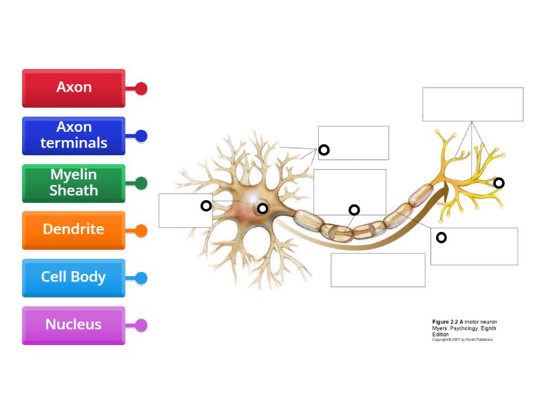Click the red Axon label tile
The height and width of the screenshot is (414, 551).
[74, 88]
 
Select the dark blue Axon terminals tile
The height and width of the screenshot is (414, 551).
[74, 135]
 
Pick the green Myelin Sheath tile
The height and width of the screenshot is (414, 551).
[74, 183]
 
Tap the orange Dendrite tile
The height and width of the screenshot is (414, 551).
[74, 230]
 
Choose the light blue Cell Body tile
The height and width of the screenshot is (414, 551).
[74, 277]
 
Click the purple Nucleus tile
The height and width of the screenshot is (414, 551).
[74, 325]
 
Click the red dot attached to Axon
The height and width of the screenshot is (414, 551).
[141, 88]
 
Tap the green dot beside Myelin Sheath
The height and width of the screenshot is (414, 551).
[141, 184]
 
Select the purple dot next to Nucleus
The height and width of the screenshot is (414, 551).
[141, 325]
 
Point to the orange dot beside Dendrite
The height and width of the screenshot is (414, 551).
[141, 230]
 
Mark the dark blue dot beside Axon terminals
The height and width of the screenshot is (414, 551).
[141, 136]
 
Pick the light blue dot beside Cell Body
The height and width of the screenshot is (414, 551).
[141, 278]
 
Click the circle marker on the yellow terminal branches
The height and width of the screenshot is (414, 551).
[499, 183]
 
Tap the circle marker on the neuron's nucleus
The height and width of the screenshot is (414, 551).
[262, 208]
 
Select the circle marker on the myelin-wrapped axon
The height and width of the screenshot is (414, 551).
[354, 210]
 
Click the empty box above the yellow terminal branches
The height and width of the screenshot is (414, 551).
[472, 104]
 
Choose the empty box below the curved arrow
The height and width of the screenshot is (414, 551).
[377, 270]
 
